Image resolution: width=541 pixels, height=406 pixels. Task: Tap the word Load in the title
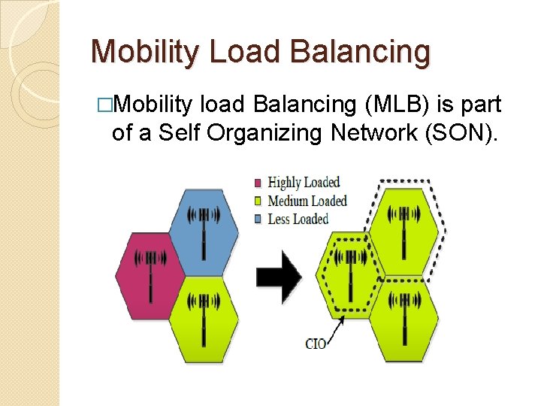point(245,52)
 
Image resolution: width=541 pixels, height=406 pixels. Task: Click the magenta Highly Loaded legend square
point(258,183)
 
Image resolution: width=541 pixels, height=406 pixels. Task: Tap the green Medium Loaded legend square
point(258,201)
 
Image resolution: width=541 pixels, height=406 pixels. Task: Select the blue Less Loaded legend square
point(258,219)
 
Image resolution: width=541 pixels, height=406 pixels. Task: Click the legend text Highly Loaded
point(304,183)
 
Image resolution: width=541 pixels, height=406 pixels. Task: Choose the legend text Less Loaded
point(298,219)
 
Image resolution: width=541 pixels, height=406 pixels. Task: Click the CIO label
point(316,344)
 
